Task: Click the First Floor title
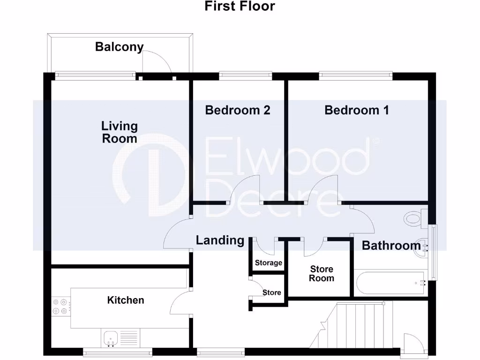pos(240,7)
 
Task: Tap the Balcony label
pos(119,46)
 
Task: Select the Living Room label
pos(120,132)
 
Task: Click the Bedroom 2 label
pos(238,110)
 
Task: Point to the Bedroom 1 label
pos(357,110)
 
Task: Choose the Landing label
pos(220,240)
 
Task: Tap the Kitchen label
pos(126,300)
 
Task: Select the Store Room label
pos(322,273)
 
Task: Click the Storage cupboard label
pos(269,263)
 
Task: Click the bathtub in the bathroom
pos(390,283)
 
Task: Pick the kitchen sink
pos(111,337)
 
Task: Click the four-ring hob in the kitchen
pos(60,306)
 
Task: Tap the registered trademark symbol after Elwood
pos(375,140)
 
